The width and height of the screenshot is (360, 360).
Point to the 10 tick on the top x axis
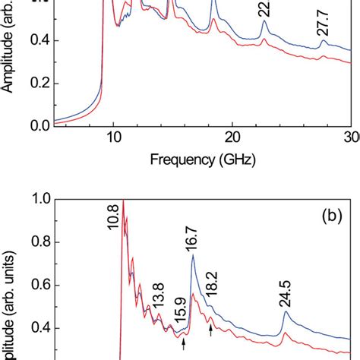113,137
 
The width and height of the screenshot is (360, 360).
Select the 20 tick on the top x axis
232,137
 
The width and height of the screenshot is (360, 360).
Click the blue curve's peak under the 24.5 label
286,312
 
